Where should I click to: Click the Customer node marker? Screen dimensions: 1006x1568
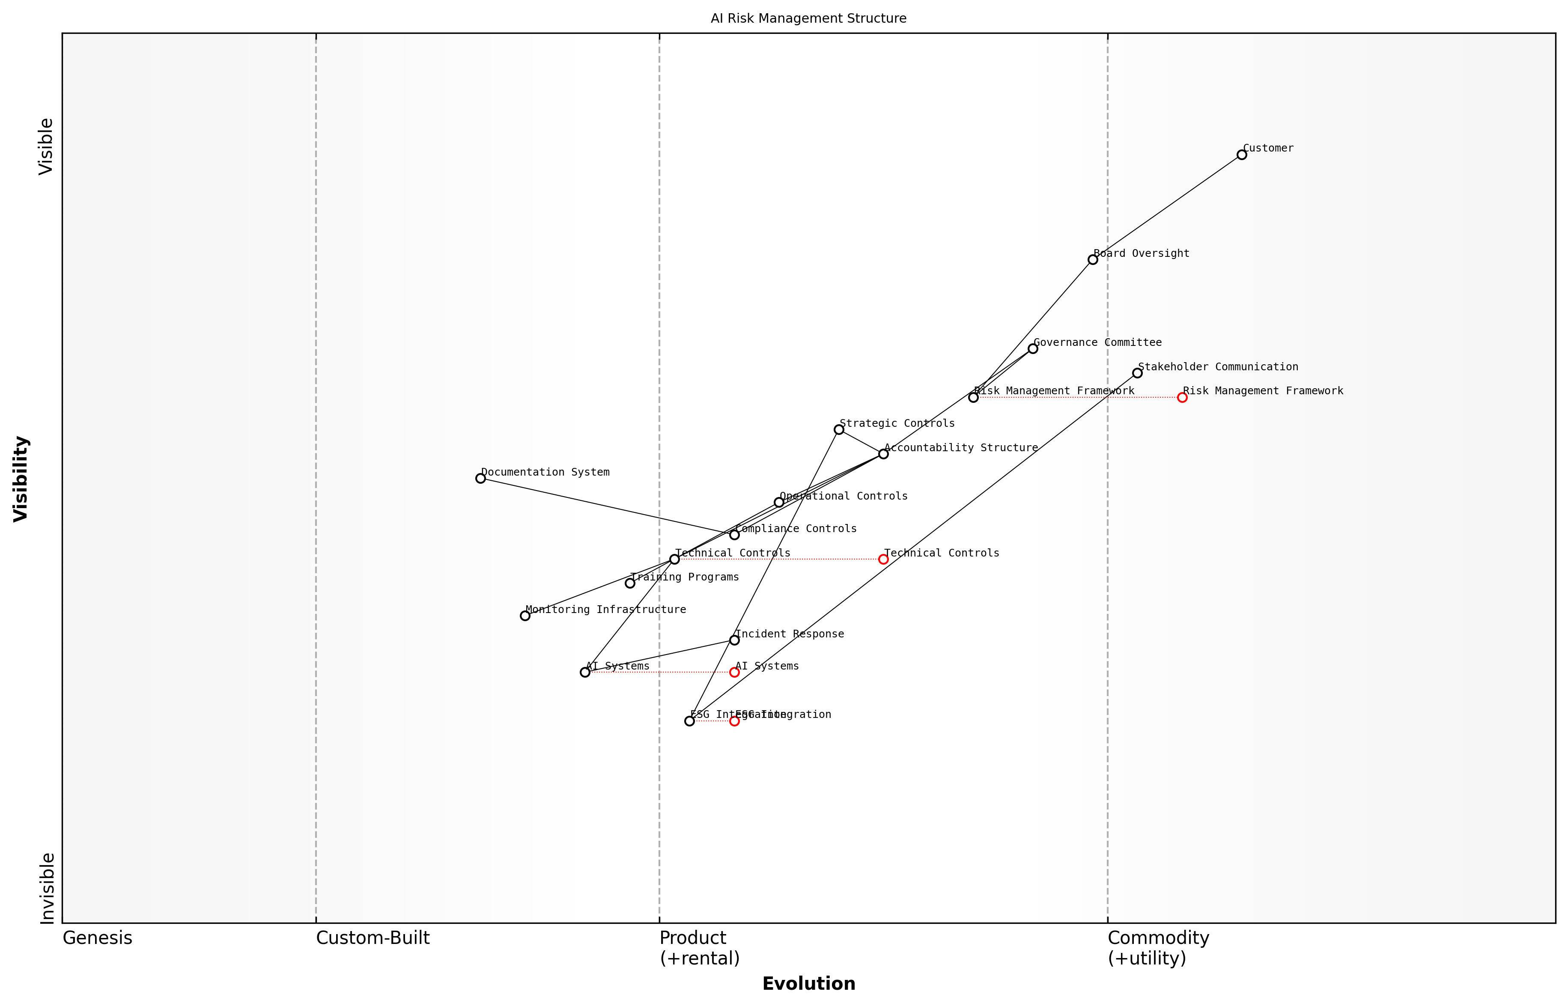pyautogui.click(x=1241, y=155)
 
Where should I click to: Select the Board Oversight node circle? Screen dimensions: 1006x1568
pyautogui.click(x=1092, y=260)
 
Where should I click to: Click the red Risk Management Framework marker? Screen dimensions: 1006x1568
pyautogui.click(x=1182, y=397)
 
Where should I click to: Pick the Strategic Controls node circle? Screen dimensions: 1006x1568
pyautogui.click(x=838, y=430)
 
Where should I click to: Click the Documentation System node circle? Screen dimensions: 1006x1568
pyautogui.click(x=480, y=478)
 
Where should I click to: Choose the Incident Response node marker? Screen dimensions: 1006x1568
pyautogui.click(x=734, y=640)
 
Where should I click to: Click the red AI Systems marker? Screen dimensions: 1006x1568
pyautogui.click(x=734, y=672)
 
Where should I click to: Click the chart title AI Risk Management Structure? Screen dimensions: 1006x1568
pyautogui.click(x=808, y=19)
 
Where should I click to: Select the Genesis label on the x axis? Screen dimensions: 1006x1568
pyautogui.click(x=97, y=938)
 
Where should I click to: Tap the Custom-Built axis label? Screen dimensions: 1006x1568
pyautogui.click(x=373, y=938)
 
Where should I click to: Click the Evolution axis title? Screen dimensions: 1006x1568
pyautogui.click(x=808, y=984)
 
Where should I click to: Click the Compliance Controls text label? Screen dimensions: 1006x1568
pyautogui.click(x=795, y=529)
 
